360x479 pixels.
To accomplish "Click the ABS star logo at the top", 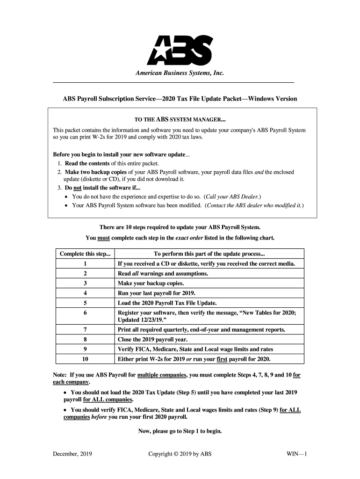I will coord(180,50).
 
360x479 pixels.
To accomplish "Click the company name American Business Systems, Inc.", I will coord(180,73).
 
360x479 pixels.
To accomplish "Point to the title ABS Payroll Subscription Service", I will coord(180,99).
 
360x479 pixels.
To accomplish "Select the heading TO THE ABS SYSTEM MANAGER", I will coord(180,119).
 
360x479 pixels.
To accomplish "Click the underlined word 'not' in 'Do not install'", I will coord(78,188).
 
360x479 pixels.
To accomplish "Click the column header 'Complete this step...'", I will coord(86,254).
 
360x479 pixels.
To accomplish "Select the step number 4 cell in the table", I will coord(86,293).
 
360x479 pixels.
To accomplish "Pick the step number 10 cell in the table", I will coord(86,359).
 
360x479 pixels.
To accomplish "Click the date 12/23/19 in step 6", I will coord(160,320).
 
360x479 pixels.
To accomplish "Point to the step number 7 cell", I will coord(86,330).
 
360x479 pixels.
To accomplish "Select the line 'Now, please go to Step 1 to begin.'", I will coord(180,431).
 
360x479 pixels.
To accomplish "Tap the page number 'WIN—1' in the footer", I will coord(295,454).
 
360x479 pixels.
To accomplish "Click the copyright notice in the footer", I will coord(180,454).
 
